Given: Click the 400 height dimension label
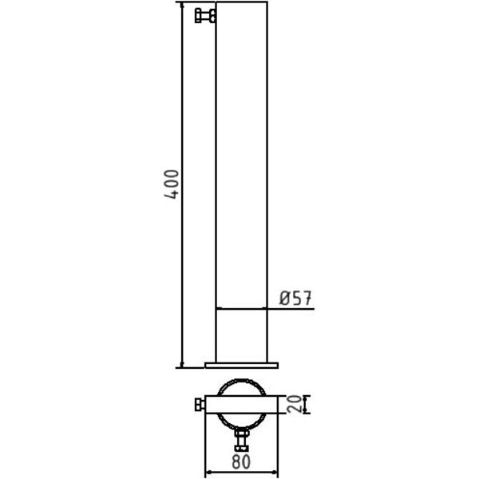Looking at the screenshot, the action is pyautogui.click(x=172, y=184).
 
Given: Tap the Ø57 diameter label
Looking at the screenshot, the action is pyautogui.click(x=295, y=298).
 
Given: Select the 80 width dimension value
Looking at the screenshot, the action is pyautogui.click(x=241, y=461).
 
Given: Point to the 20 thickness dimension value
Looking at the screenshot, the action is pyautogui.click(x=294, y=404).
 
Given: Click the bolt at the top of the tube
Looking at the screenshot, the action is pyautogui.click(x=205, y=16).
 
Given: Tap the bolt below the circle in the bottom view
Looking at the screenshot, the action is pyautogui.click(x=242, y=440).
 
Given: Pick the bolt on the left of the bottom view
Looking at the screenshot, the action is pyautogui.click(x=200, y=405).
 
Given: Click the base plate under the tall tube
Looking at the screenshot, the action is pyautogui.click(x=242, y=366).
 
